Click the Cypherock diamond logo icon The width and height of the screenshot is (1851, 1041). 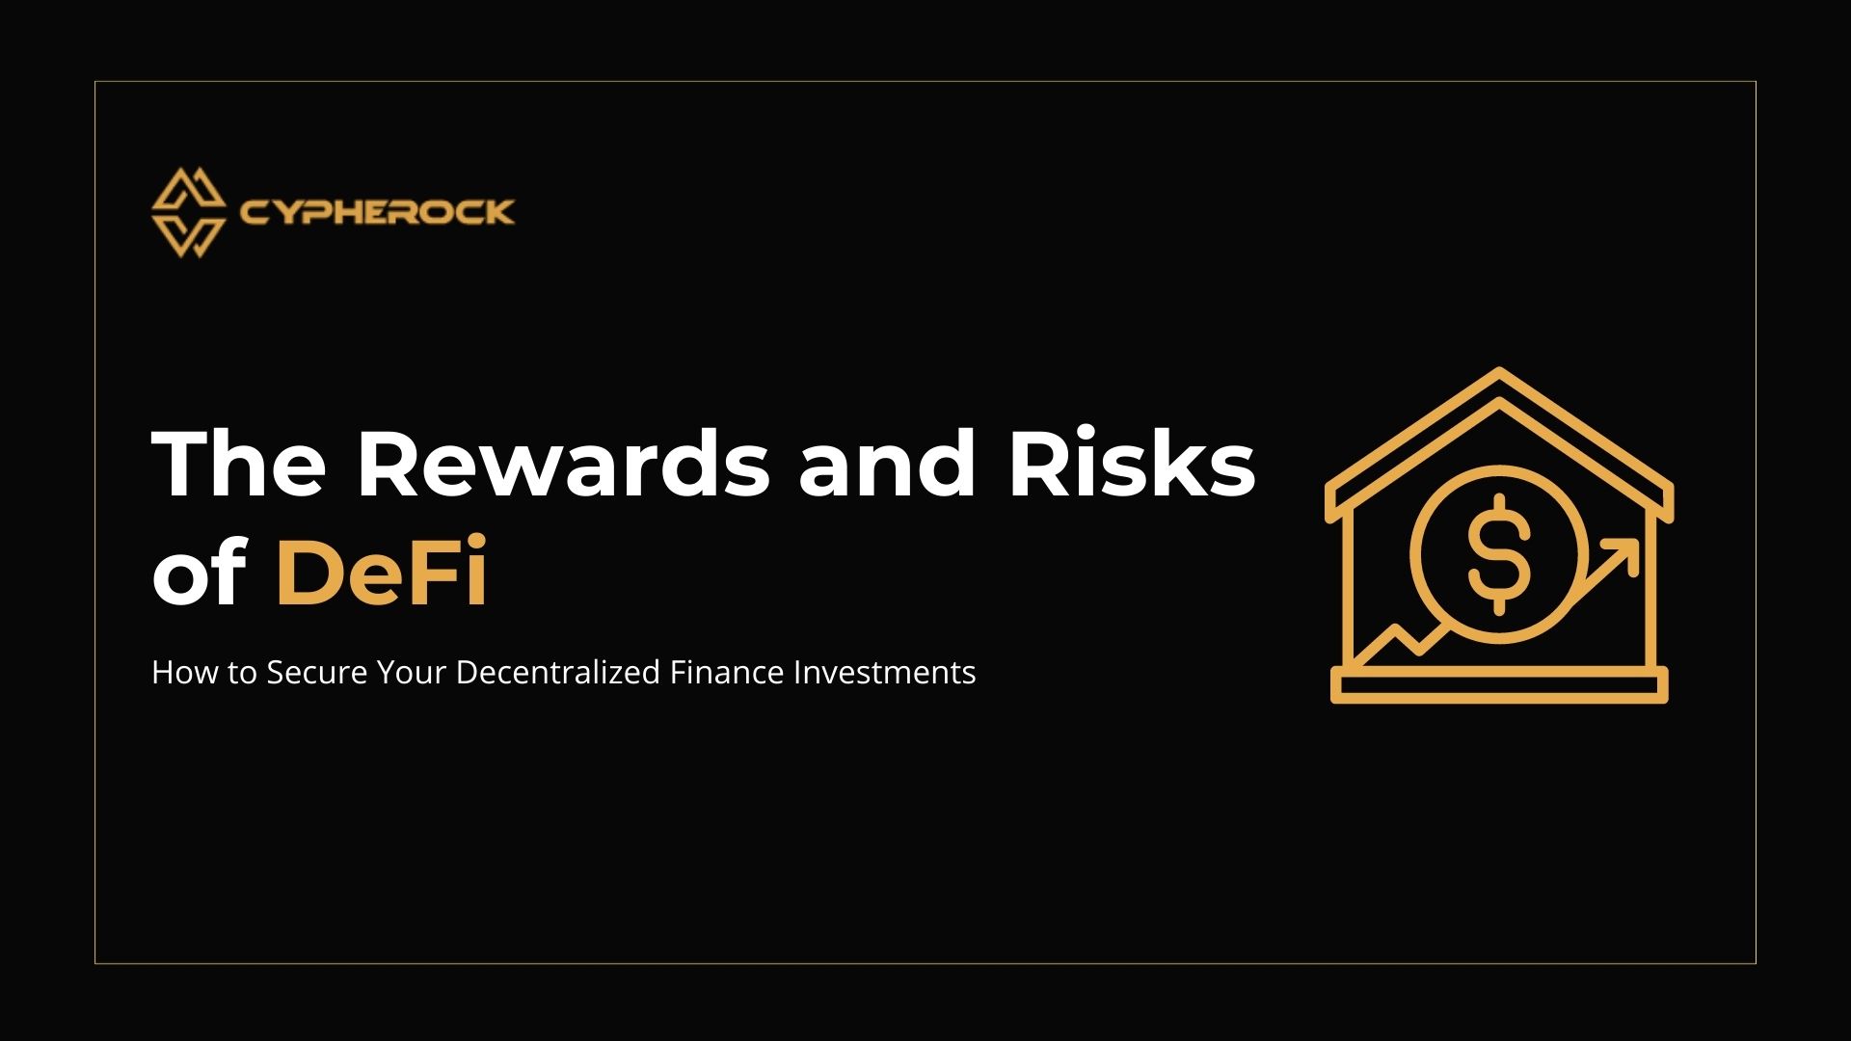click(188, 213)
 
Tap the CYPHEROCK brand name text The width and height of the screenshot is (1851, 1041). click(377, 212)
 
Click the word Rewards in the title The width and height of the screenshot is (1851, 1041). click(563, 464)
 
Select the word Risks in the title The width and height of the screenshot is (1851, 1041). click(1132, 464)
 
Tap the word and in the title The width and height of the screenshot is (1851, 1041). click(887, 464)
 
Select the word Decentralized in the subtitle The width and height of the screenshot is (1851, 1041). click(557, 672)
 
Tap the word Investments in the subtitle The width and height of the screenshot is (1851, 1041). click(884, 672)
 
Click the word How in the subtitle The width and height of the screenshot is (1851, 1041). click(184, 672)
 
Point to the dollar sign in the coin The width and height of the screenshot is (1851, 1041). click(1498, 555)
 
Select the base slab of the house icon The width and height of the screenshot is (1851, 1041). click(1499, 685)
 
